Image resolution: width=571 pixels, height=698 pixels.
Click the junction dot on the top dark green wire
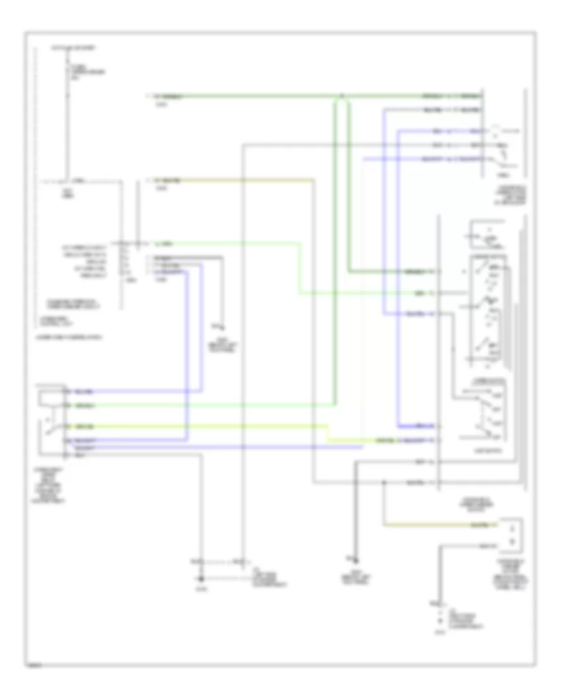(x=341, y=97)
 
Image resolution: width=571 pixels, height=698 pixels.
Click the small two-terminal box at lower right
(x=511, y=534)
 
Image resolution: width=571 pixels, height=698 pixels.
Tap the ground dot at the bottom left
(x=202, y=578)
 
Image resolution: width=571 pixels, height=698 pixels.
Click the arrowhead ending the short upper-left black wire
(x=222, y=326)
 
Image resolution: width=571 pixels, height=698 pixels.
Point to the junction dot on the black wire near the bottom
(x=384, y=484)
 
